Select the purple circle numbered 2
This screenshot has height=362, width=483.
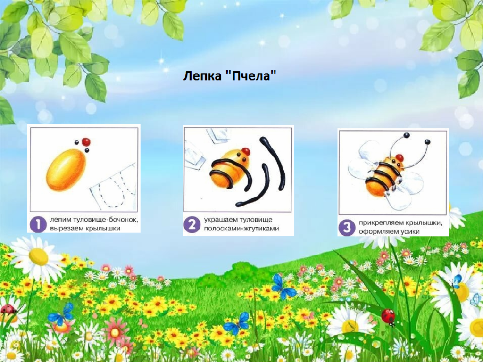point(192,225)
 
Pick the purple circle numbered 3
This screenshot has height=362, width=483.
point(347,228)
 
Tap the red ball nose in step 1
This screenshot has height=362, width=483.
point(86,142)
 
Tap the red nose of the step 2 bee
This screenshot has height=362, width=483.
point(245,151)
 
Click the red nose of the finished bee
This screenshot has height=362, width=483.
point(399,158)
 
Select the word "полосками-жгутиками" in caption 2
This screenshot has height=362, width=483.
point(241,229)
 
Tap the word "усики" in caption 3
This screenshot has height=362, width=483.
point(409,232)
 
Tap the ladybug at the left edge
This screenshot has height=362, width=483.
point(8,309)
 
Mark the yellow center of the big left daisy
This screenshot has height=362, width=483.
point(39,256)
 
